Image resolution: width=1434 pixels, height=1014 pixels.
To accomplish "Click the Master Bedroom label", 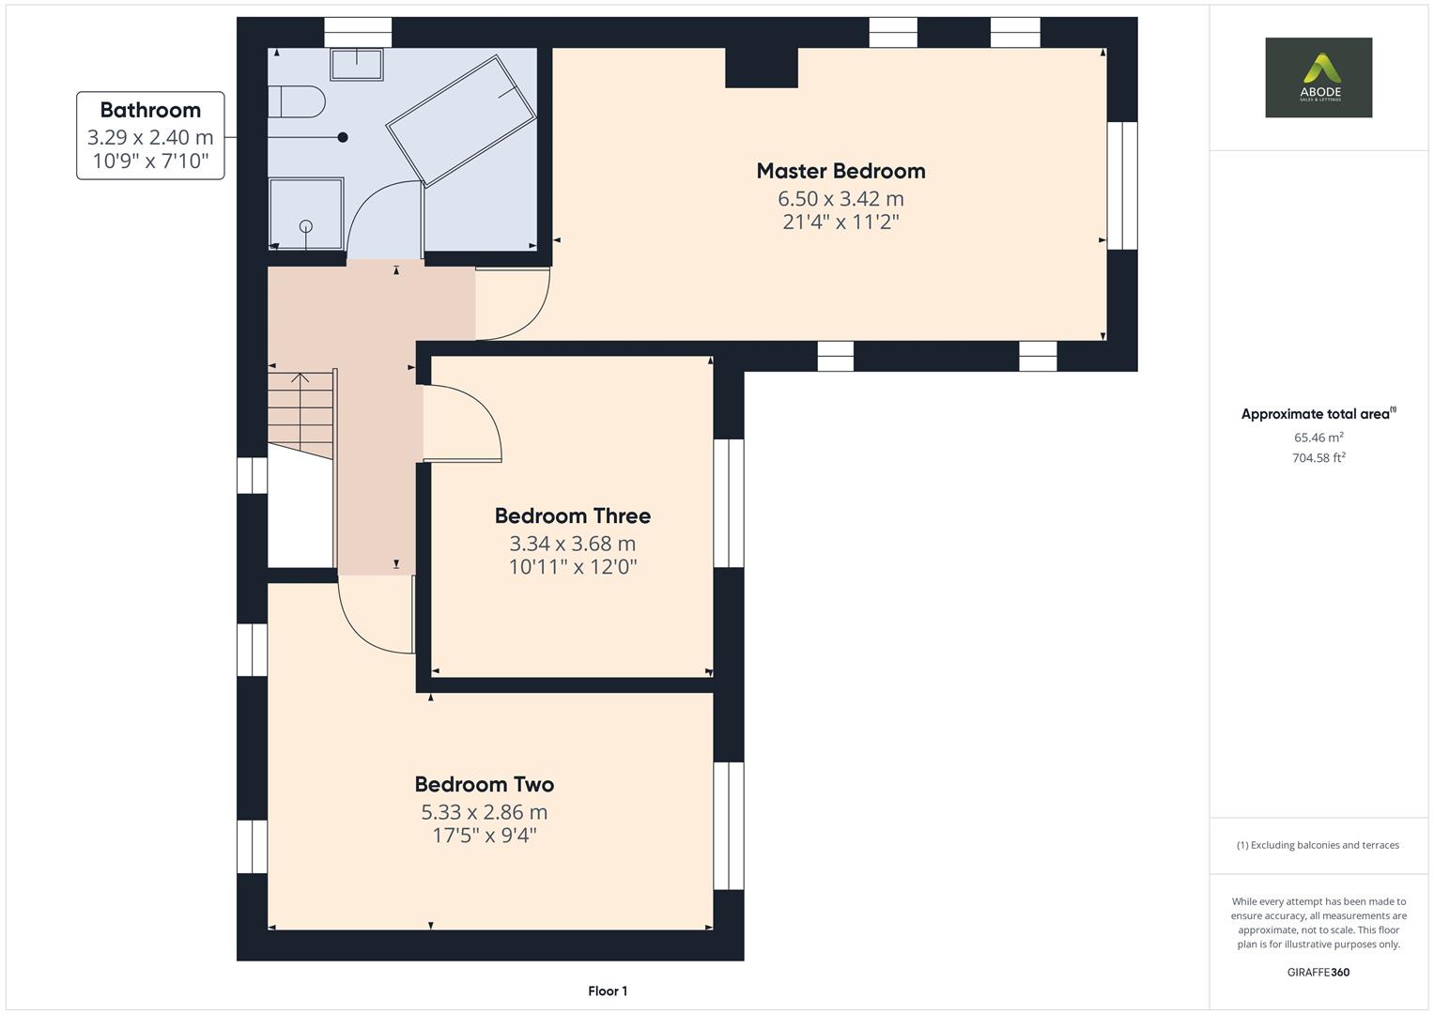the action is click(840, 171).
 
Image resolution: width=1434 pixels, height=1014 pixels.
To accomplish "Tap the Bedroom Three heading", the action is click(572, 516).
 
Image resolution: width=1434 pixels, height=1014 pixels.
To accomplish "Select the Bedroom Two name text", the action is click(484, 784).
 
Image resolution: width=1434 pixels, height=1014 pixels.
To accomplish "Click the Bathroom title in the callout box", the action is click(150, 110).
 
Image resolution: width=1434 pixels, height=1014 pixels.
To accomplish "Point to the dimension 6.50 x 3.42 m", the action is click(840, 198).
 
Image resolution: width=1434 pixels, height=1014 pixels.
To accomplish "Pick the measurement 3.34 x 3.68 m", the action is click(572, 544).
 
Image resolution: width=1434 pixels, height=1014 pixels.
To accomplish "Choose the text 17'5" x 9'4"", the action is click(484, 836).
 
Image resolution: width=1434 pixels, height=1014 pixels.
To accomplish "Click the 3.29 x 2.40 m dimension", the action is click(150, 137).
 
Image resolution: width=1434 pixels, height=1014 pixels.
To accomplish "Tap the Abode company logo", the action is click(1318, 77).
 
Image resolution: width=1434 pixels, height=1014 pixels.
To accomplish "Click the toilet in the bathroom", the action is click(297, 101).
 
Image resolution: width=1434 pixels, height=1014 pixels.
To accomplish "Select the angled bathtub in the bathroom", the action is click(461, 121).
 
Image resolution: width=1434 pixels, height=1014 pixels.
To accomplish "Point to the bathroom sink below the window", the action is click(357, 65).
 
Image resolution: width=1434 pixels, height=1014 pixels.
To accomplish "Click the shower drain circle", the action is click(306, 226).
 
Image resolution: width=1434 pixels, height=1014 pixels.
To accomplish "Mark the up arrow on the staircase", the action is click(301, 377).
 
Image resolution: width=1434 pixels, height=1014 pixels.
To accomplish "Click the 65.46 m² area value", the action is click(1318, 438).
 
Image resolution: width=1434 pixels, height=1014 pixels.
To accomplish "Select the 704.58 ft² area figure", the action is click(1318, 458).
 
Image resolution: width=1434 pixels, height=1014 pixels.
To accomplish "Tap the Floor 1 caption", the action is click(608, 991).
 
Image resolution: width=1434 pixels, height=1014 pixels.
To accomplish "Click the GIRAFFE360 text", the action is click(1318, 972).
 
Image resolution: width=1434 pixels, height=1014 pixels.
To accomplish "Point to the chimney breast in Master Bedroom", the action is click(762, 68).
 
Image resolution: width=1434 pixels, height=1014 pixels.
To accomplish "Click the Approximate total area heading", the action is click(1318, 413).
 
